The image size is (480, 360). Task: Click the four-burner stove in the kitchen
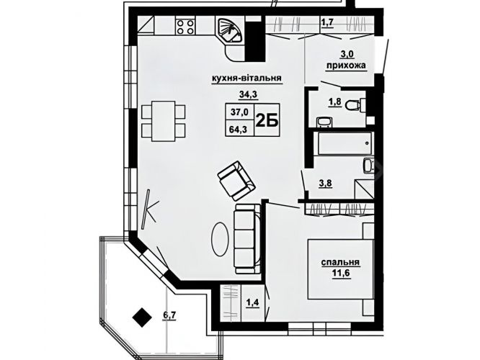pos(185,26)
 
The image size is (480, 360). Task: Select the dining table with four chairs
pos(164,121)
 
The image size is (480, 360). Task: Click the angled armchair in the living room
pos(236,181)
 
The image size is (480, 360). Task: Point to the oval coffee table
pos(220,239)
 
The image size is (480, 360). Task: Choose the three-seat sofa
pos(248,238)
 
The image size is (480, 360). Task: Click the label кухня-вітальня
pos(246,78)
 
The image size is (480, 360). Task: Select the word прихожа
pos(346,66)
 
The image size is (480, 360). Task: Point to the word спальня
pos(340,262)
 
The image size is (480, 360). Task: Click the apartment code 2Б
pos(267,121)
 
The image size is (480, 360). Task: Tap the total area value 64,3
pos(239,130)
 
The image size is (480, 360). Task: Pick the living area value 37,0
pos(240,112)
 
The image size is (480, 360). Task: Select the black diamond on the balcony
pos(143,318)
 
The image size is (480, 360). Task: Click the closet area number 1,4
pos(253,303)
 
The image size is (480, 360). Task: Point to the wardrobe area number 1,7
pos(327,22)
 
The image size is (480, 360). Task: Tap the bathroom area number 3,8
pos(326,184)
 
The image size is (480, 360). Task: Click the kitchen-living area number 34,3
pos(248,95)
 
